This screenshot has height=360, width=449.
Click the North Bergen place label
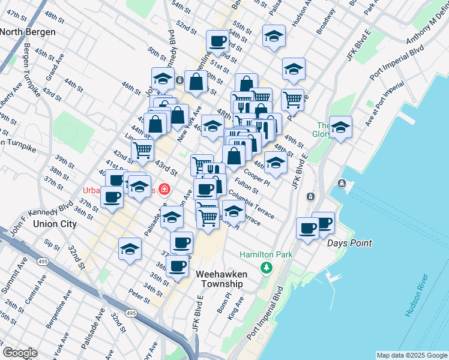click(28, 32)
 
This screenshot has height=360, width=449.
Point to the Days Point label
click(349, 243)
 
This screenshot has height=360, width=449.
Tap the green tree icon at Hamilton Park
click(266, 268)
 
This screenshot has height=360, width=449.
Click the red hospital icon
click(164, 190)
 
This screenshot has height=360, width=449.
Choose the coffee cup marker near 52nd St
click(217, 41)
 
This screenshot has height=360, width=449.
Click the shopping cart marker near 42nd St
click(142, 149)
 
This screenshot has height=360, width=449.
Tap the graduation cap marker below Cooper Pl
click(275, 162)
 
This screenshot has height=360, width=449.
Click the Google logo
click(20, 353)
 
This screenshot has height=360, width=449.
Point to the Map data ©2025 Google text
click(412, 355)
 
